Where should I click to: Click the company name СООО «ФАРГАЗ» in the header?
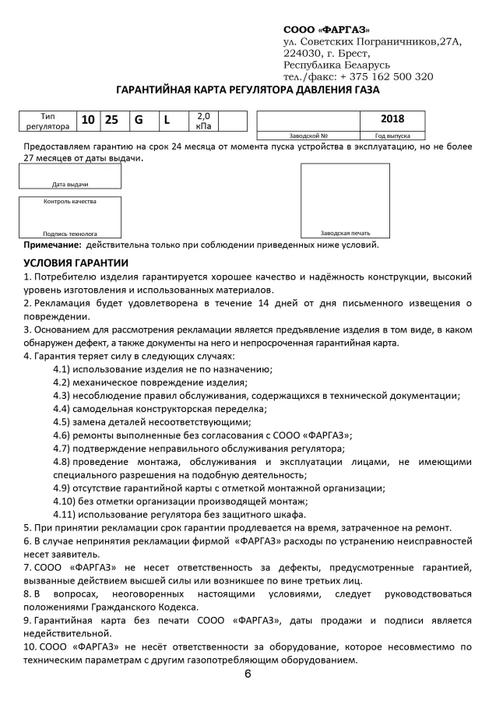tap(326, 30)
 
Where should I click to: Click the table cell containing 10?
tap(88, 120)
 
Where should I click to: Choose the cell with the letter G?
tap(139, 120)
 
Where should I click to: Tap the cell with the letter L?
tap(166, 120)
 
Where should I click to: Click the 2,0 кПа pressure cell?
tap(203, 120)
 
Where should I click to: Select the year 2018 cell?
tap(392, 119)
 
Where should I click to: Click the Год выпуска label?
tap(392, 136)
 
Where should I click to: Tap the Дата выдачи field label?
tap(70, 185)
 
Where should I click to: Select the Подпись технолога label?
tap(70, 233)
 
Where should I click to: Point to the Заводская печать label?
tap(345, 233)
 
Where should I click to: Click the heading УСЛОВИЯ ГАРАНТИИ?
tap(76, 262)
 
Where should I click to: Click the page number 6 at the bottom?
tap(248, 674)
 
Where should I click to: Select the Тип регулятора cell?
tap(48, 120)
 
